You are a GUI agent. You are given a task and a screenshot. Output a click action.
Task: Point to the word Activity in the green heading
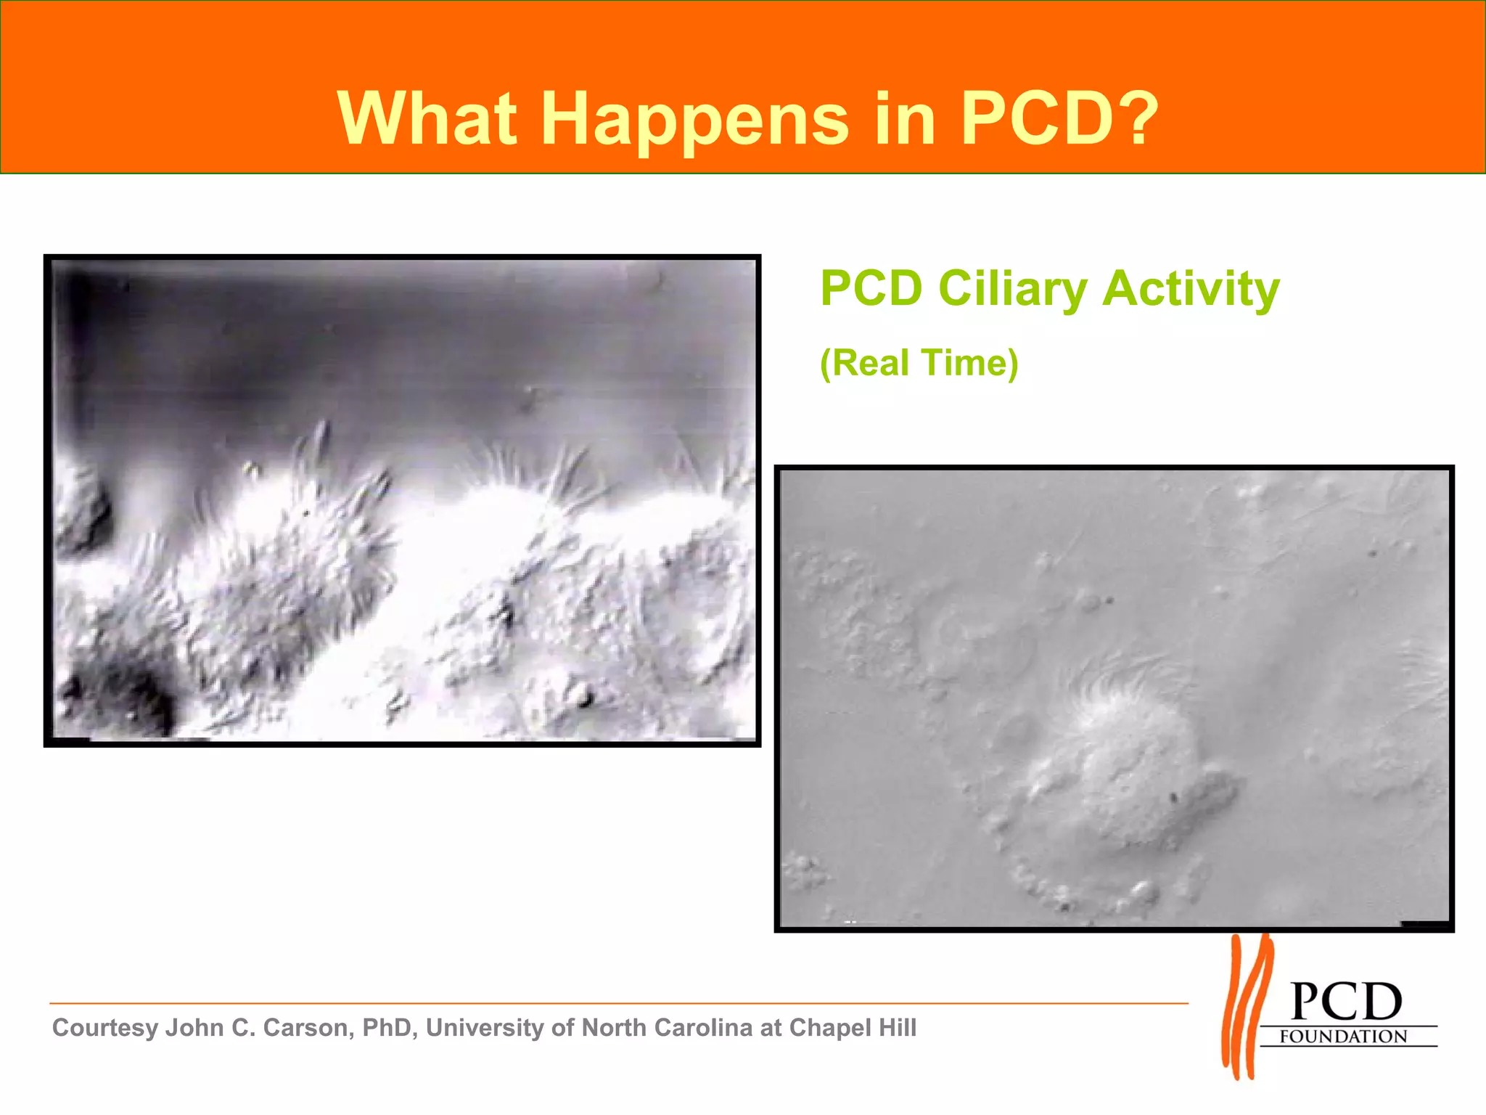[x=1191, y=289]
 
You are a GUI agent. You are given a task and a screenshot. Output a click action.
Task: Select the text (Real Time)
[x=919, y=363]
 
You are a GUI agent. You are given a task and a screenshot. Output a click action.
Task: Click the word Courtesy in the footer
[x=105, y=1028]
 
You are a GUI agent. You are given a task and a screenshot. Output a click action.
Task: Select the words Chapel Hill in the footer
[x=853, y=1028]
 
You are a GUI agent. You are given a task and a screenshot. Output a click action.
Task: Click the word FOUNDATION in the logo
[x=1343, y=1037]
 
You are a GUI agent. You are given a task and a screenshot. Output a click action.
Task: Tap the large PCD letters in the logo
[x=1346, y=1002]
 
